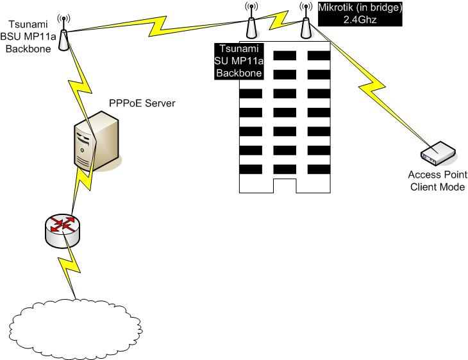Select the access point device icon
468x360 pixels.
pyautogui.click(x=438, y=153)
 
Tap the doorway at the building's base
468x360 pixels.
pyautogui.click(x=284, y=185)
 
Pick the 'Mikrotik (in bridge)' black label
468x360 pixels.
pyautogui.click(x=360, y=8)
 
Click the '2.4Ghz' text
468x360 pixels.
pyautogui.click(x=360, y=20)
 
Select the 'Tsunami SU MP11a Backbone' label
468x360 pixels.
pyautogui.click(x=239, y=61)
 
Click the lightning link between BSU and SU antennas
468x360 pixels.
pyautogui.click(x=157, y=24)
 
